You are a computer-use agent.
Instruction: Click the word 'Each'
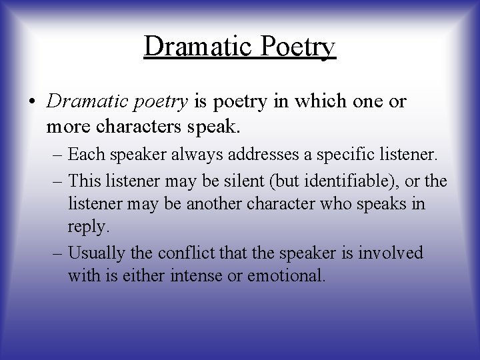pos(82,157)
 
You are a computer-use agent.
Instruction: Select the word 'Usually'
pos(93,254)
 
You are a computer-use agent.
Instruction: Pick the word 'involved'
pos(393,253)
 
